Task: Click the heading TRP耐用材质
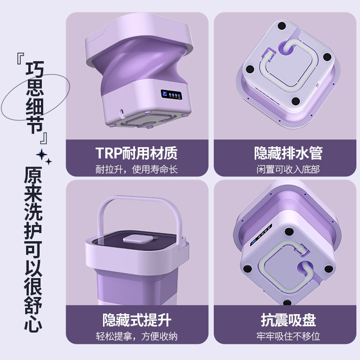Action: click(x=137, y=153)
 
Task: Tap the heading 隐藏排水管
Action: click(x=288, y=153)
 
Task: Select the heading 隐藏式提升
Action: click(x=137, y=320)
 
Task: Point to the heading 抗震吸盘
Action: click(x=288, y=320)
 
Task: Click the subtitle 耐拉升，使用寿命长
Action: click(x=137, y=169)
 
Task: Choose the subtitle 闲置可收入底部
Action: click(x=288, y=169)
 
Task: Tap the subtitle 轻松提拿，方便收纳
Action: click(x=137, y=337)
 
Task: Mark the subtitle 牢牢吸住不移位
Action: click(x=288, y=337)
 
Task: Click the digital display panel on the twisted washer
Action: click(x=171, y=95)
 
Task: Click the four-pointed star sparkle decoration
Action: click(x=44, y=156)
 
